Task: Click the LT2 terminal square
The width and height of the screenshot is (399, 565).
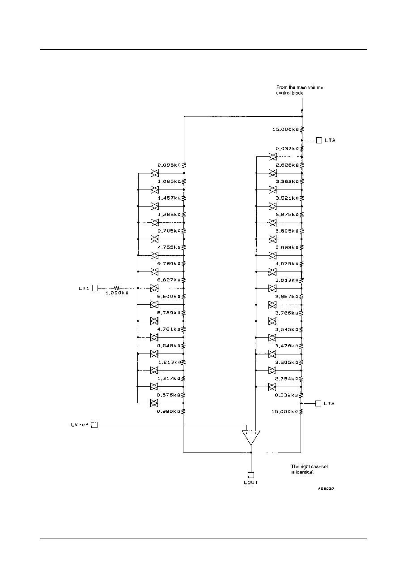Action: (319, 140)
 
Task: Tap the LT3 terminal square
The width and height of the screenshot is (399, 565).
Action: (318, 403)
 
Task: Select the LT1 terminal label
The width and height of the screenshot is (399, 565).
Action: (84, 288)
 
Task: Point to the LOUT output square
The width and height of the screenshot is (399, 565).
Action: (251, 475)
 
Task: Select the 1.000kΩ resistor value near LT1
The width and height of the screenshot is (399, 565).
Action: (117, 293)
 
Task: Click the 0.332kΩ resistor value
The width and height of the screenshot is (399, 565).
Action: (285, 395)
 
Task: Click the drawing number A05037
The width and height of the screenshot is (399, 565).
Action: (326, 489)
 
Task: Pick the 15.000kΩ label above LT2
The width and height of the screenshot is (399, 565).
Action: (285, 129)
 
